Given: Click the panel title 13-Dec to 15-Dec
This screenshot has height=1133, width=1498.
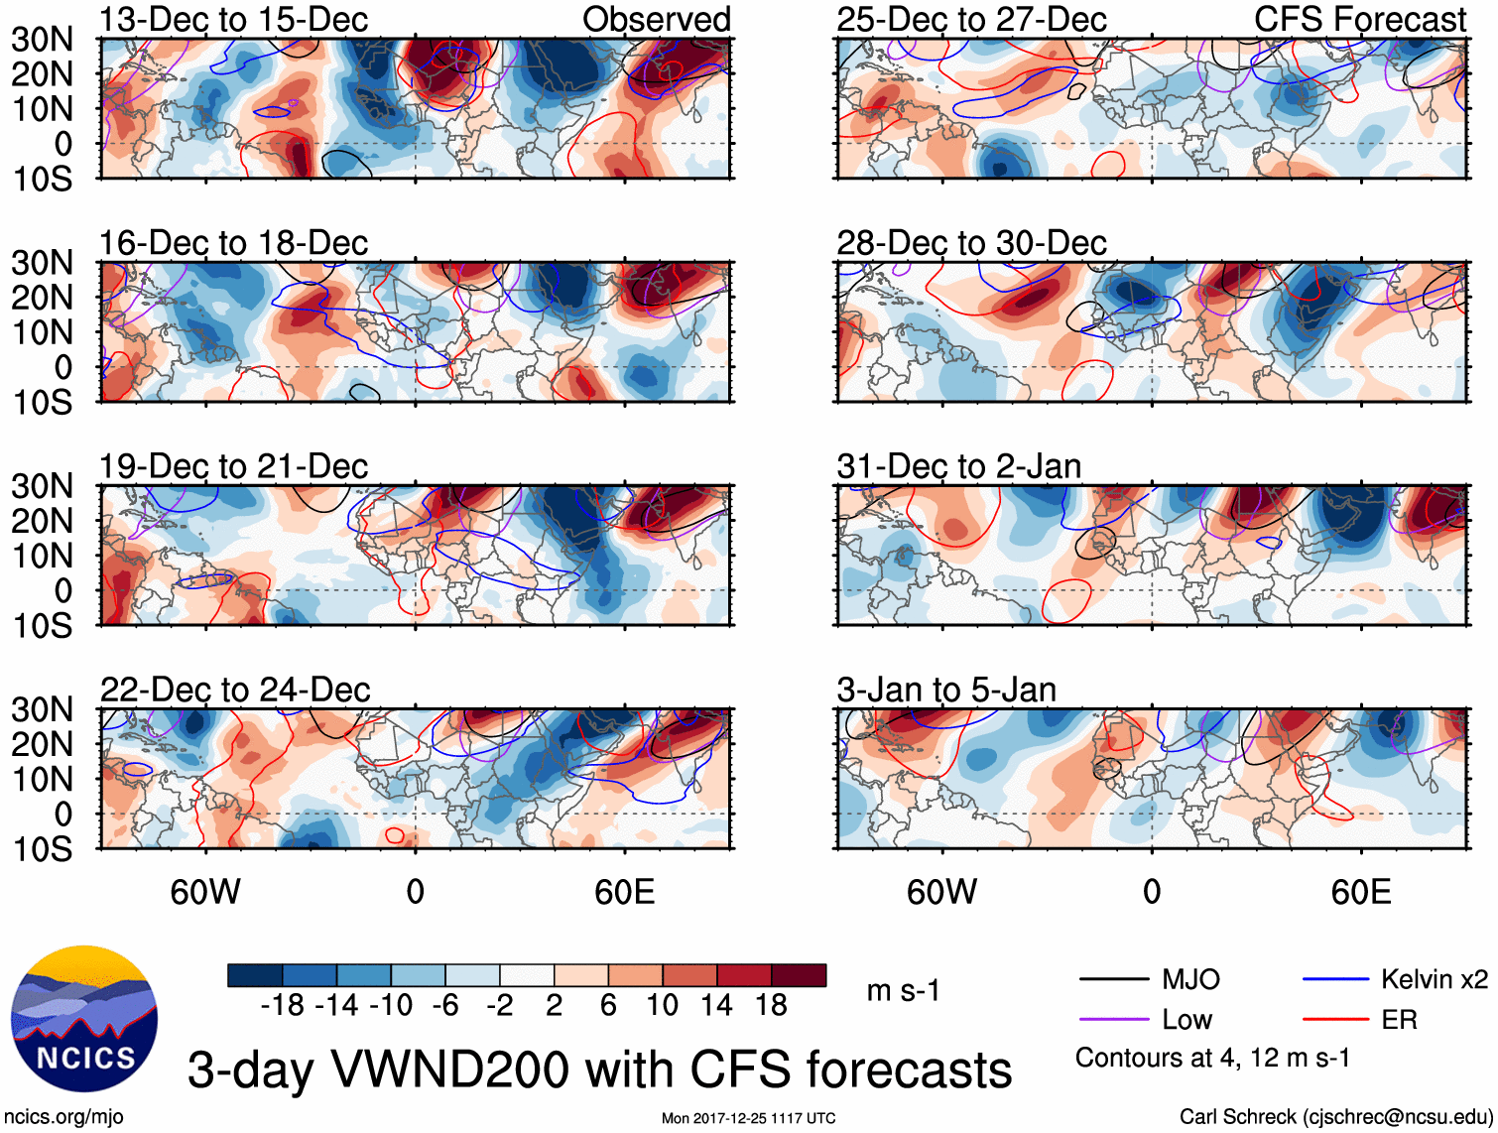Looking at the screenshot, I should click(233, 19).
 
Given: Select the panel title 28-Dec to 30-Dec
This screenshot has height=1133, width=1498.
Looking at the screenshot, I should click(971, 243).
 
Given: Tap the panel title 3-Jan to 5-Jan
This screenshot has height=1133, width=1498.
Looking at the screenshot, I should click(946, 690).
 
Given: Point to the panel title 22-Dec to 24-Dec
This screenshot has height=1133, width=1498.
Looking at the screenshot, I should click(235, 690).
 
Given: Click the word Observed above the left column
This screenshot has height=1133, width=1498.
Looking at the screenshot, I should click(656, 19).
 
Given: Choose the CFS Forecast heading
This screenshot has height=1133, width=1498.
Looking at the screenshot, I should click(1359, 19).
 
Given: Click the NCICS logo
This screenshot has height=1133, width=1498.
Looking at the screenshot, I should click(84, 1020).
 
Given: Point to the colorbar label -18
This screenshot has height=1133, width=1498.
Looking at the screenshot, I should click(283, 1006).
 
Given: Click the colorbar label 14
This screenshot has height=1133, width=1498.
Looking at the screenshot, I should click(716, 1006).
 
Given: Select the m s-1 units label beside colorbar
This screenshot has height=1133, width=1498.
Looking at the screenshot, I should click(903, 991).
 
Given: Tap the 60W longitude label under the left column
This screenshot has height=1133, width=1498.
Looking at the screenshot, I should click(205, 892).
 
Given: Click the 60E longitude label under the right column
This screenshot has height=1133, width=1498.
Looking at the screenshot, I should click(1360, 892).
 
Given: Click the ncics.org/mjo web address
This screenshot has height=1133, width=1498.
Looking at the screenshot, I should click(63, 1117).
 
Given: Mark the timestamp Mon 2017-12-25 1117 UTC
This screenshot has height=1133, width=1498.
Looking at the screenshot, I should click(748, 1119).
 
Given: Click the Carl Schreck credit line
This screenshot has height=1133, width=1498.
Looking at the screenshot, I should click(1335, 1117).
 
